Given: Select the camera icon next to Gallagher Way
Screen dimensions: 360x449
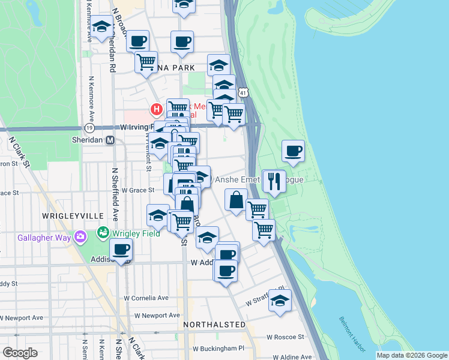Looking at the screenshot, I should click(x=80, y=238).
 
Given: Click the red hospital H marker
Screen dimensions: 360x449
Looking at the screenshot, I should click(x=156, y=110).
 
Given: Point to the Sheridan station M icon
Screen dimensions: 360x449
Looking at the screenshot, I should click(x=110, y=140).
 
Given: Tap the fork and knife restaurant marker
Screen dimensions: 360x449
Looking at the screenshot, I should click(x=273, y=181).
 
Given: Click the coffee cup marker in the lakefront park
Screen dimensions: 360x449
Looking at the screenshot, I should click(x=293, y=151).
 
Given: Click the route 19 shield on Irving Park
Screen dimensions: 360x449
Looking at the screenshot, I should click(x=89, y=128).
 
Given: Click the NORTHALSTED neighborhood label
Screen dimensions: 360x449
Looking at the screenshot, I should click(x=215, y=325).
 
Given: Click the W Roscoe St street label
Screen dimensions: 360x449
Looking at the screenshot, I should click(x=286, y=337).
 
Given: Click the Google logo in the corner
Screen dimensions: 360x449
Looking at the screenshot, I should click(x=20, y=353).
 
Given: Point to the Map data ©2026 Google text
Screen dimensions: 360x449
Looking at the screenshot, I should click(x=411, y=355).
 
